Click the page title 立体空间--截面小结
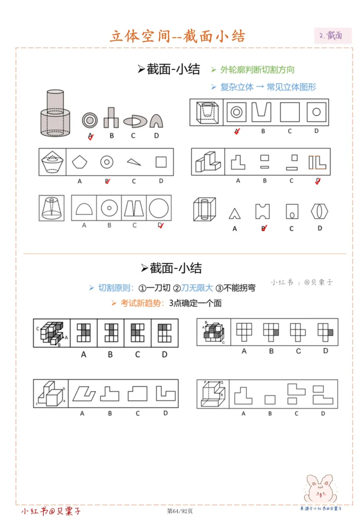pos(178,36)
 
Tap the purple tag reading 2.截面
pos(333,36)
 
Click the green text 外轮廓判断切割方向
pos(257,70)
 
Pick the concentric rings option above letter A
pos(90,120)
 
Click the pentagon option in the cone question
pos(80,162)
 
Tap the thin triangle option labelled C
pos(134,162)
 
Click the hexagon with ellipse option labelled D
pos(320,211)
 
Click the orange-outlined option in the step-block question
pos(318,163)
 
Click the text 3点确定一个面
pos(195,303)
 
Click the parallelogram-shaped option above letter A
pos(84,393)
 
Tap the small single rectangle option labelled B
pos(270,399)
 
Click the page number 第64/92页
pos(180,511)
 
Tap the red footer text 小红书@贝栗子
pos(51,511)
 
